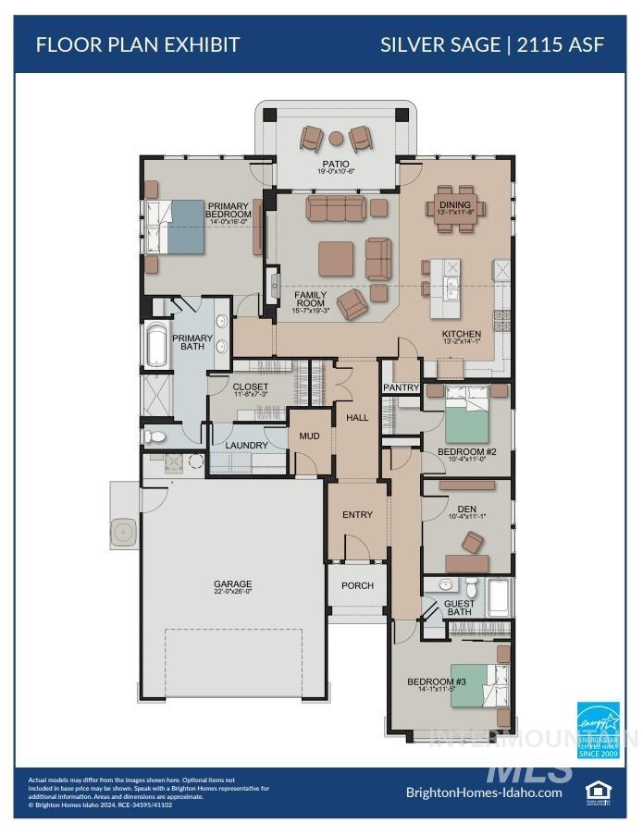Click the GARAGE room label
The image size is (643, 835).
point(232,584)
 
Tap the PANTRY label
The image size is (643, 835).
point(401,387)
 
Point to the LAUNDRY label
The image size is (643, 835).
point(247,445)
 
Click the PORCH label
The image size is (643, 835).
point(357,585)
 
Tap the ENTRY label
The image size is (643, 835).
point(357,515)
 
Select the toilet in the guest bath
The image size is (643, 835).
point(471,586)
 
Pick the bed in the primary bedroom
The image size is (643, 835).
point(179,227)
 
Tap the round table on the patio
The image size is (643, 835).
point(336,139)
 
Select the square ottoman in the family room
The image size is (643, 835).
point(336,259)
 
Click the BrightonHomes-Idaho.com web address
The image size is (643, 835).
point(484,792)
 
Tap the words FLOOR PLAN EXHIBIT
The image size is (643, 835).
point(138,43)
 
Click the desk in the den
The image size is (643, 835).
point(466,485)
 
